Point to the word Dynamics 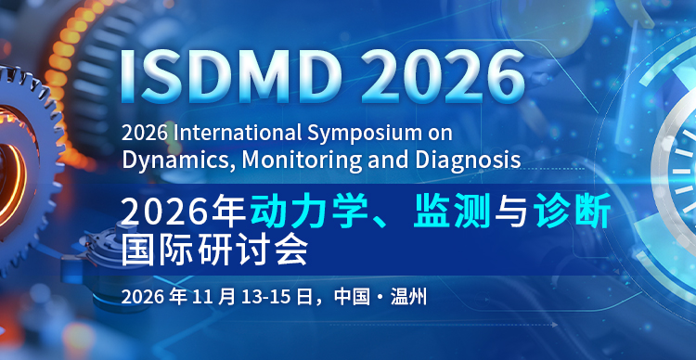tap(179, 160)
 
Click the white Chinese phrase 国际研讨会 tap(214, 248)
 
